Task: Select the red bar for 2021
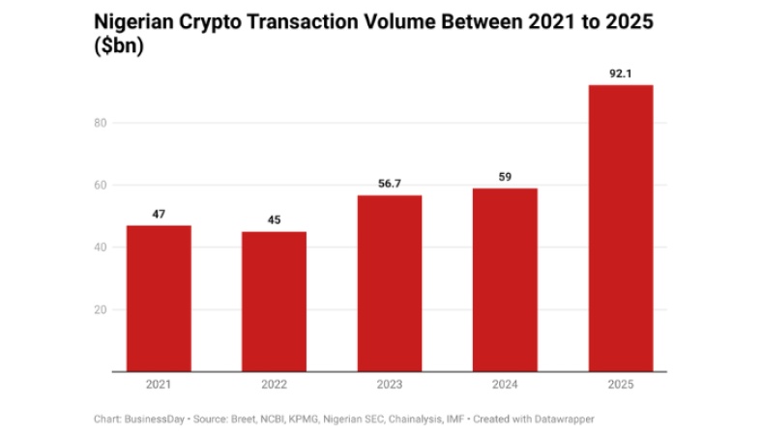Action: [159, 299]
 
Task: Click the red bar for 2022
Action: [274, 302]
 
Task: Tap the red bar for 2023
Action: [390, 283]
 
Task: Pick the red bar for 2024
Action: [505, 280]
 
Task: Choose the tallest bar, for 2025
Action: [621, 228]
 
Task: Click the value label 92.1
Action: [621, 73]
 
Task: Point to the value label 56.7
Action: [390, 184]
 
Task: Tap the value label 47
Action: [159, 214]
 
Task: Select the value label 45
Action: [274, 220]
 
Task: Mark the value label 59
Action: [505, 177]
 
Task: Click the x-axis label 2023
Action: [390, 385]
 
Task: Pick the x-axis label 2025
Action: [621, 385]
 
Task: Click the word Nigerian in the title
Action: [132, 20]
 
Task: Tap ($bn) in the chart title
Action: [118, 45]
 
